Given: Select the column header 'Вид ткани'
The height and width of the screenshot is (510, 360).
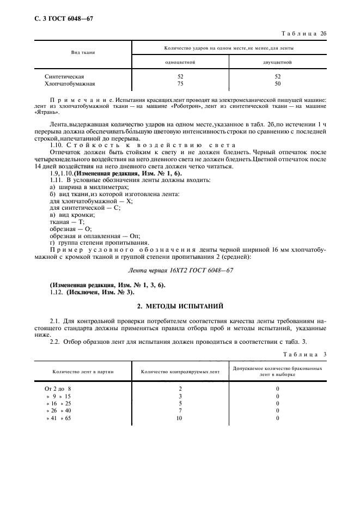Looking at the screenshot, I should pos(83,52).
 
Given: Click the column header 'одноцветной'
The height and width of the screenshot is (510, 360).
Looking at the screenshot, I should pos(180,63).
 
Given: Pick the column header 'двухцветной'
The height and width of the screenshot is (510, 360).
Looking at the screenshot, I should pos(277,63).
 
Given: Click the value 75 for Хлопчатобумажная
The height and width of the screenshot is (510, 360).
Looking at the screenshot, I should pos(180,84).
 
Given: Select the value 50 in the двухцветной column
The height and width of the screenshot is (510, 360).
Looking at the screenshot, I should pos(277,84).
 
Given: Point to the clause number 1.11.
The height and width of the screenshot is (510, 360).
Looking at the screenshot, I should pos(56,179).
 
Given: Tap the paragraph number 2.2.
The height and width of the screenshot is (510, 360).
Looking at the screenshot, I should pos(56,341).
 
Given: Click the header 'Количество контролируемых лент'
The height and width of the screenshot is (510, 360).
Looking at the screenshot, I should pos(180,372).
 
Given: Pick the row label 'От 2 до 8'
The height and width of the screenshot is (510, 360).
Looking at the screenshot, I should pos(58,389).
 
